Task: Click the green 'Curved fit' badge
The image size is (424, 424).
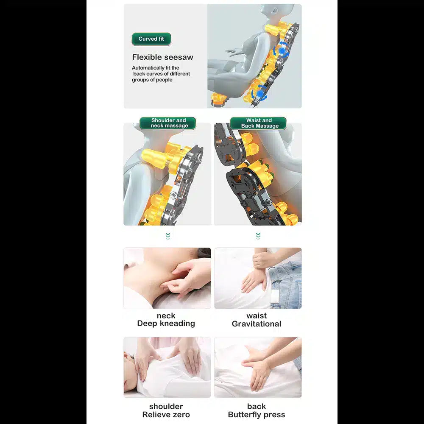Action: pos(151,39)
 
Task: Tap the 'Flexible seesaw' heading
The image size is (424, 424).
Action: pos(162,57)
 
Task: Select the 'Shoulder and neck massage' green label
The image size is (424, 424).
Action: pos(168,123)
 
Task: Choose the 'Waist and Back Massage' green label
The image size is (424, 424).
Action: pos(258,123)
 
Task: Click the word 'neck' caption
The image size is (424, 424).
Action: pos(166,315)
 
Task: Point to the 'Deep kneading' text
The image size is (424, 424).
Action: pos(166,324)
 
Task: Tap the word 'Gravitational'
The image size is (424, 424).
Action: pos(257,324)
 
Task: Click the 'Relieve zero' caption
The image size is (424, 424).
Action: pos(166,415)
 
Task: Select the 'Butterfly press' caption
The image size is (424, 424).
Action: pos(257,415)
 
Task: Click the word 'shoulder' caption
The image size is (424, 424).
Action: pos(166,407)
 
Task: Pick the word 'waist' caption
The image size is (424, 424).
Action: pos(257,316)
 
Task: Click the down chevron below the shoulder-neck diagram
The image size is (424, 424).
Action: pos(168,236)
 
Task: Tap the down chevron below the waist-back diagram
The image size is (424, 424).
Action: pos(258,236)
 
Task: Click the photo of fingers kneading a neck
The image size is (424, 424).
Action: pos(167,278)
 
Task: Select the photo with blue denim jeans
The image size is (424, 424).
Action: pos(258,278)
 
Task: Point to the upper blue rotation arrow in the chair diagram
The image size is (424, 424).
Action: pos(282,50)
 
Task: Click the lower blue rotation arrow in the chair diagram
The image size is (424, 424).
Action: pos(259,92)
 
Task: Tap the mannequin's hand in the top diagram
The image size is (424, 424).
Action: pos(232,52)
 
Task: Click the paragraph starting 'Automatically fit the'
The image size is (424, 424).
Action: pos(161,74)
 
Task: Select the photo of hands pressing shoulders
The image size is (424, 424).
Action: pos(167,367)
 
